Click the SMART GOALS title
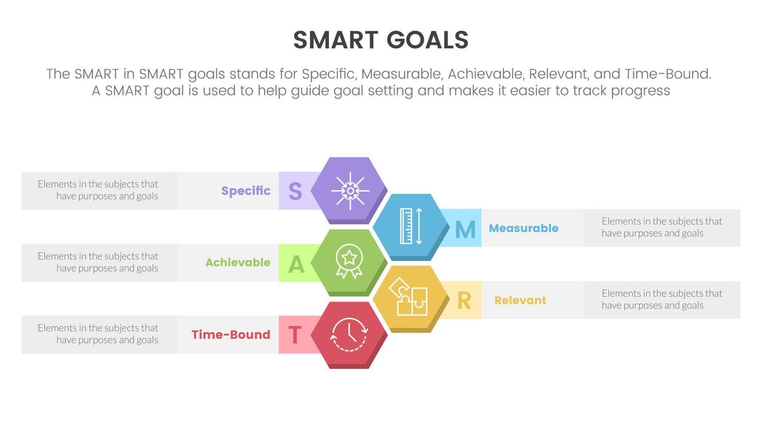click(381, 40)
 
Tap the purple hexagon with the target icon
click(350, 190)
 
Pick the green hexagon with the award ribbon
click(349, 262)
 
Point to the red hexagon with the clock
click(349, 335)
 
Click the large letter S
click(295, 191)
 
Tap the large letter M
click(465, 229)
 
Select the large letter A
click(296, 264)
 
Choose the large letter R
click(464, 301)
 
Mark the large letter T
click(295, 335)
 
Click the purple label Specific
click(245, 191)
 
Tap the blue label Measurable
click(524, 228)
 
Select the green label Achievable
click(238, 262)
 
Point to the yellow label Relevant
click(520, 300)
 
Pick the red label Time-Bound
click(231, 335)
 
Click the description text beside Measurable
click(661, 227)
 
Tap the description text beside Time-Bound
click(98, 334)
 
